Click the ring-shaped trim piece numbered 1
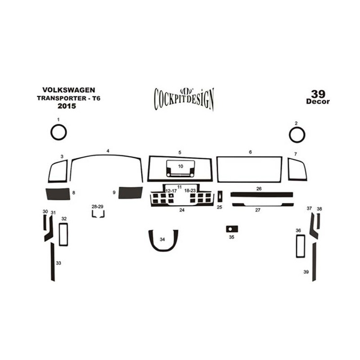[x=51, y=132]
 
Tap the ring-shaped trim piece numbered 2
[x=289, y=135]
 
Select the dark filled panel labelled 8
[x=58, y=194]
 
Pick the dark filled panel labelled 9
[x=130, y=193]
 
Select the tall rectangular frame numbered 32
[x=60, y=234]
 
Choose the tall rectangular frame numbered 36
[x=297, y=246]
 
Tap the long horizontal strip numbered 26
[x=262, y=195]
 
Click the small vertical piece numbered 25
[x=220, y=196]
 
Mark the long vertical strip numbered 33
[x=53, y=262]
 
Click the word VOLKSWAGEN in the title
[x=69, y=90]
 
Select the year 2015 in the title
[x=67, y=106]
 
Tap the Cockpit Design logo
[x=184, y=99]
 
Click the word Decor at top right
[x=318, y=102]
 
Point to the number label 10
[x=181, y=166]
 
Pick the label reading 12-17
[x=171, y=191]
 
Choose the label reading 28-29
[x=98, y=207]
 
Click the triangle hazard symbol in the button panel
[x=171, y=196]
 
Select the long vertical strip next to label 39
[x=314, y=262]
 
